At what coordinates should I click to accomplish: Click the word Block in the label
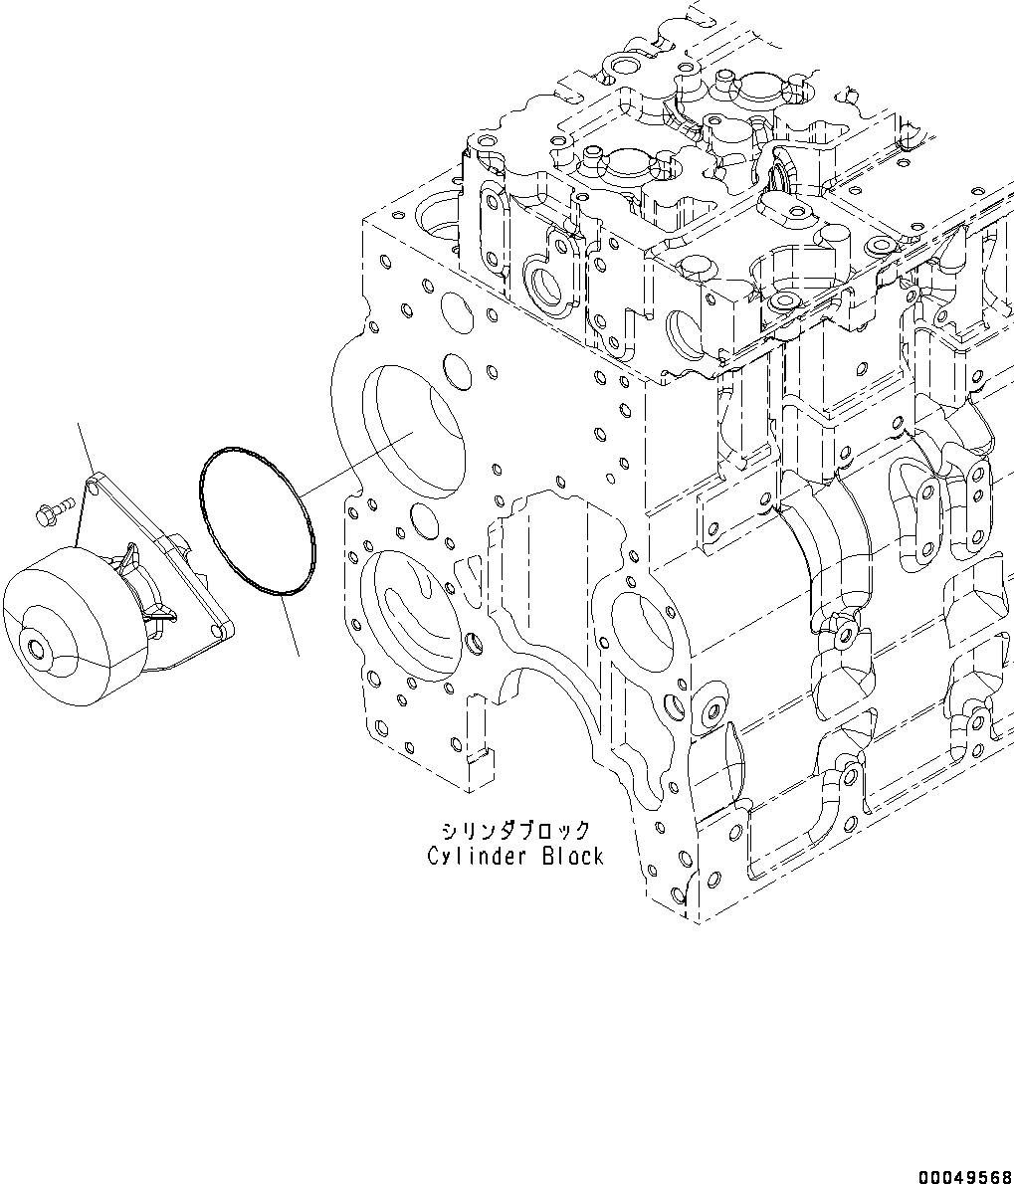573,856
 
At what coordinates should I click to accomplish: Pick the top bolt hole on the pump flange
93,487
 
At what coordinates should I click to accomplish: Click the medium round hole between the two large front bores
424,518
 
